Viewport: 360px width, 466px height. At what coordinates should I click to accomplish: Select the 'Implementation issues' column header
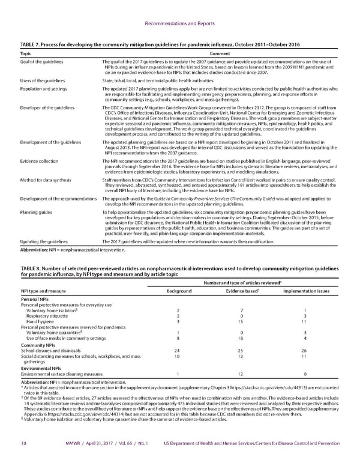(x=305, y=291)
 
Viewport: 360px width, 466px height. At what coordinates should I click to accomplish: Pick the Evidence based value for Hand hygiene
(x=244, y=322)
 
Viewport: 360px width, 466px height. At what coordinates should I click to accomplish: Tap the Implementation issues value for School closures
(x=305, y=350)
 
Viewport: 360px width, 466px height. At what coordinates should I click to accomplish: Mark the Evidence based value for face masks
(x=244, y=339)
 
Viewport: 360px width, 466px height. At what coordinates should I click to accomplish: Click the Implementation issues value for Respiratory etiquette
(x=305, y=316)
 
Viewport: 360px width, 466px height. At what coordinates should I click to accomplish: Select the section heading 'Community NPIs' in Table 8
(x=38, y=345)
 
